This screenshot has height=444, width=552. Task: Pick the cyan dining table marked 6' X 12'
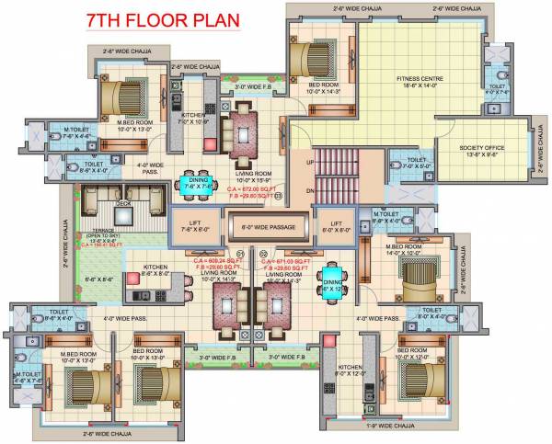coord(330,278)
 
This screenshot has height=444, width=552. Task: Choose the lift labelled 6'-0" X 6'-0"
coord(336,226)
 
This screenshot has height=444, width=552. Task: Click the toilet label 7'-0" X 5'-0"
coord(410,163)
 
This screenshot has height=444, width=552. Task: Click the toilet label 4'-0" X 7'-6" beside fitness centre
coord(498,88)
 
